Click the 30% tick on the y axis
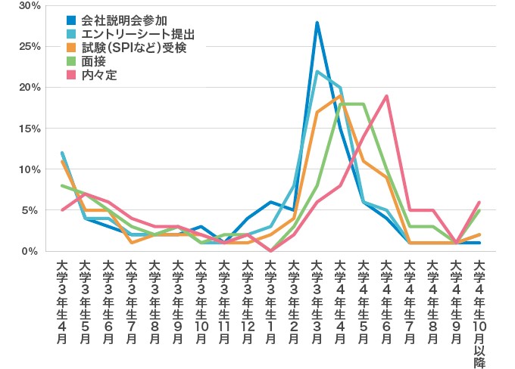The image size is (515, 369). point(30,5)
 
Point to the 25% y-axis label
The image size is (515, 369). point(30,46)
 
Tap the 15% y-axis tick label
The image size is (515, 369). point(30,129)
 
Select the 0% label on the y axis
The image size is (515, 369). point(33,251)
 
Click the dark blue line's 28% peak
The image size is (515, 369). point(317,23)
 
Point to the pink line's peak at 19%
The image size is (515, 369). point(386,96)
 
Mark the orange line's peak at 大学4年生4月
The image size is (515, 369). point(340,96)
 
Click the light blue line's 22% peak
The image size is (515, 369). point(317,71)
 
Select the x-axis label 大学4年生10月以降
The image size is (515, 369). point(479,309)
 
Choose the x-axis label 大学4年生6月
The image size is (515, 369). point(386,302)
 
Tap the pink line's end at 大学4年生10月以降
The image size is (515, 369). point(479,202)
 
